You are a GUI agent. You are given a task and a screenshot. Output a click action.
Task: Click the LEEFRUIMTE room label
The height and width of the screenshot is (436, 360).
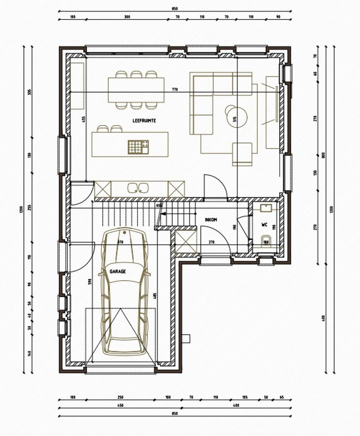[x=144, y=120]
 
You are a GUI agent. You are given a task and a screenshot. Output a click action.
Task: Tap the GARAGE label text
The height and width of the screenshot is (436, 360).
[x=117, y=271]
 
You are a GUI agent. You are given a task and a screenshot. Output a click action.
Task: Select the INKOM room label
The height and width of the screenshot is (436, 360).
[x=211, y=219]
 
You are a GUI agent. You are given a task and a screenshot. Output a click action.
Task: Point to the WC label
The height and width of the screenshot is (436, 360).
[x=264, y=225]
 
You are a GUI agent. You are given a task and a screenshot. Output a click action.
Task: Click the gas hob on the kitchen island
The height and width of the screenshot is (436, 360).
[x=138, y=146]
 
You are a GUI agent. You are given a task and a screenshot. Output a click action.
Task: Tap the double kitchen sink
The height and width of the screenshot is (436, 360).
[x=138, y=188]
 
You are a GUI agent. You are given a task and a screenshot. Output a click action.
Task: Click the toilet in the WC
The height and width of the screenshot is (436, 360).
[x=266, y=241]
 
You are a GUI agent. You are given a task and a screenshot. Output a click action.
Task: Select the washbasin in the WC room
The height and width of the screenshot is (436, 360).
[x=266, y=209]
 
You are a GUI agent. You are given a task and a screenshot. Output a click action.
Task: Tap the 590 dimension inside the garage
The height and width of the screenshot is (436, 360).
[x=89, y=282]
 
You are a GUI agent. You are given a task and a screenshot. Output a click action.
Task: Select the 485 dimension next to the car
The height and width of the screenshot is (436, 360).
[x=155, y=296]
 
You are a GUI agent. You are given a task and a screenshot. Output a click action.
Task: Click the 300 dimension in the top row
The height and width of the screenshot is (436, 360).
[x=127, y=17]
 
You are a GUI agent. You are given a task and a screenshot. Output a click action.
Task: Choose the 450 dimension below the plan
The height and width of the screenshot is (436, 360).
[x=120, y=405]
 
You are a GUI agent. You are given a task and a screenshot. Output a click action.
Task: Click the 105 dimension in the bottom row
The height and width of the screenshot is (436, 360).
[x=245, y=397]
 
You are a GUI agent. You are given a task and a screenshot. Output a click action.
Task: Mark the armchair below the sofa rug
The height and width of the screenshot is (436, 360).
[x=242, y=154]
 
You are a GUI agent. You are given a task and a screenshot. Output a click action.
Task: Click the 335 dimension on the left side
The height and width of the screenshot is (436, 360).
[x=29, y=92]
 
